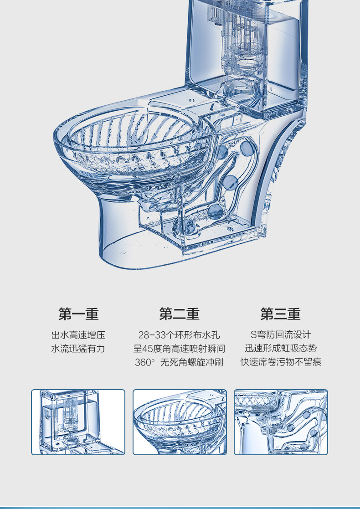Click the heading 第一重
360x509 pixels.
78,314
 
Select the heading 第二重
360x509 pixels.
179,314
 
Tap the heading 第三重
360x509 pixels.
280,314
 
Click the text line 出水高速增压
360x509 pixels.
78,335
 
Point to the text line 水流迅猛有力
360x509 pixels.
78,349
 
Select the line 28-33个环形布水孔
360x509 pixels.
179,335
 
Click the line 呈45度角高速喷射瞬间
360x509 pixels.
179,349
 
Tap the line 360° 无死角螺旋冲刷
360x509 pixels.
179,363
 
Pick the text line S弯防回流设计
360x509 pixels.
281,335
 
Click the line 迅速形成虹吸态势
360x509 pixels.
281,349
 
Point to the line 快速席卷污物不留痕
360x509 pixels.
281,362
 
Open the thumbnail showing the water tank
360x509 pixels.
78,422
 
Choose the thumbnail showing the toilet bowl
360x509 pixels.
180,422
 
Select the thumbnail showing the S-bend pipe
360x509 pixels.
281,422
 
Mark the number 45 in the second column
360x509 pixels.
148,349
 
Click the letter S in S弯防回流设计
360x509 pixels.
253,335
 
